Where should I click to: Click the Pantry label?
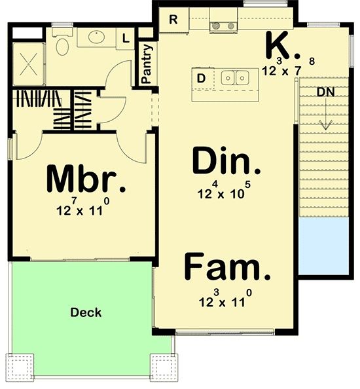point(147,64)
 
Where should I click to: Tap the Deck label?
point(86,312)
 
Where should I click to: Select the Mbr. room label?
point(86,179)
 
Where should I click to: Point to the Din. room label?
point(226,160)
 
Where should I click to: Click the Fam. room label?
point(227,267)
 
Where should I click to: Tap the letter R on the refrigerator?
point(173,20)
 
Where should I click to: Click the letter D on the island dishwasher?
point(201,79)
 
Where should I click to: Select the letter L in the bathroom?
point(126,39)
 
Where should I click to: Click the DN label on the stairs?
point(325,92)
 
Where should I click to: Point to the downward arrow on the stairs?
point(325,114)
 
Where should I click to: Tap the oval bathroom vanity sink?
point(96,37)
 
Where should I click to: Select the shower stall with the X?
point(29,64)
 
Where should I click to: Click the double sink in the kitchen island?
point(235,78)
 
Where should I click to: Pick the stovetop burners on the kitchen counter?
point(224,26)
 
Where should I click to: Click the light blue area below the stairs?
point(323,246)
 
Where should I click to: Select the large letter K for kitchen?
point(279,45)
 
